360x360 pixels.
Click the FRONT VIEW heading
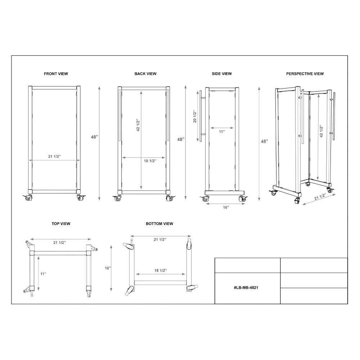tap(56, 74)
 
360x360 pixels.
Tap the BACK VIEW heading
tap(145, 74)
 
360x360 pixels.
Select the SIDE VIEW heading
tap(221, 74)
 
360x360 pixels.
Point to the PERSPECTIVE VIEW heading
tap(305, 74)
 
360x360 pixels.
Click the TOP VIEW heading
tap(61, 224)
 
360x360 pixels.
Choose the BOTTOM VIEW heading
tap(159, 224)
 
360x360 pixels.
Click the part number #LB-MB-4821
tap(246, 287)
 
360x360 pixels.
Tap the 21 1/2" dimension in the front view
tap(54, 156)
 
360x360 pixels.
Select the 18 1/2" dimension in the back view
tap(150, 161)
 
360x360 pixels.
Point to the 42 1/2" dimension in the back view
tap(138, 125)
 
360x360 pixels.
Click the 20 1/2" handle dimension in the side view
tap(195, 117)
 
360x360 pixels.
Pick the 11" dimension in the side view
tap(222, 132)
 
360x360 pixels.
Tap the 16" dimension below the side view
tap(226, 208)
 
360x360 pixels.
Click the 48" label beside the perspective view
tap(265, 141)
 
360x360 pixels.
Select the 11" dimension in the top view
tap(43, 274)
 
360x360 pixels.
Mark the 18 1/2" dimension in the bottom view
tap(161, 270)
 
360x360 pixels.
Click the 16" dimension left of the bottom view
tap(108, 268)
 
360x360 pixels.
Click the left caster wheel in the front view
tap(28, 197)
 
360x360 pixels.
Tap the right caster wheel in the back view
tap(170, 198)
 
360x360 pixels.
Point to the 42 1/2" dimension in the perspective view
tap(321, 131)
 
